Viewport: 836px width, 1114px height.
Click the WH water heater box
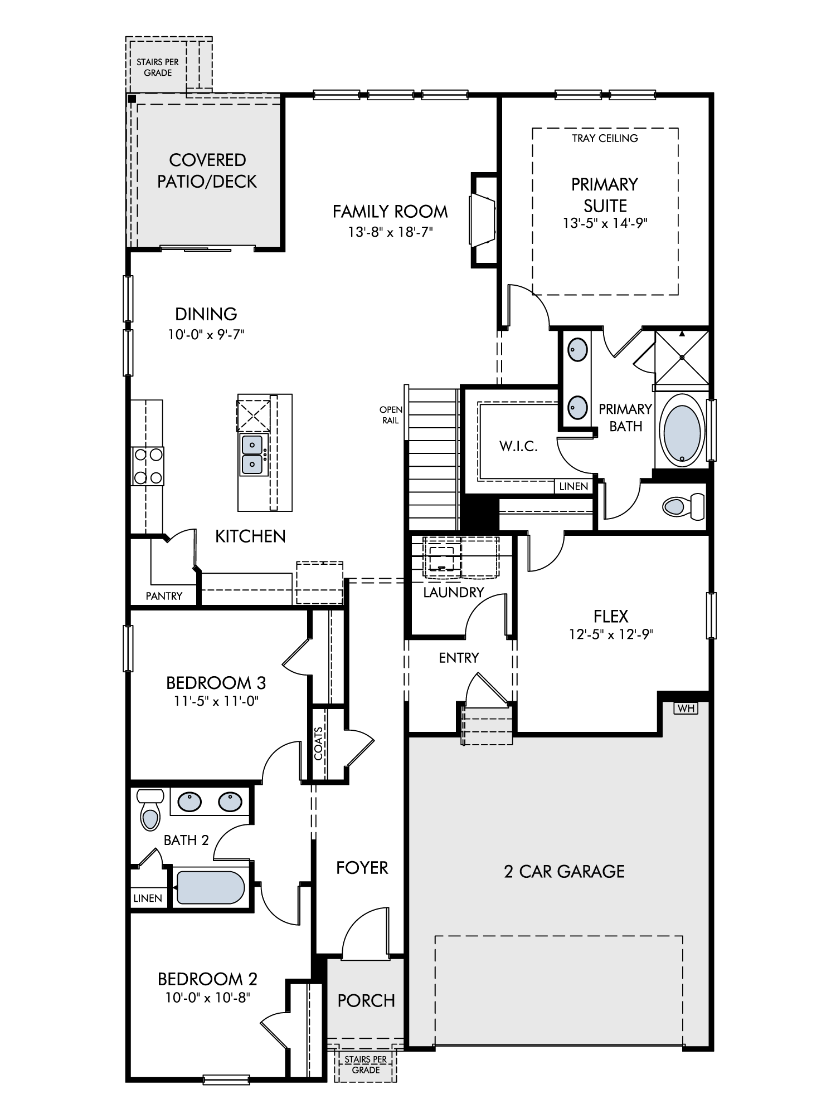coord(686,709)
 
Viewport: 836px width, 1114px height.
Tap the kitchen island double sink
coord(253,455)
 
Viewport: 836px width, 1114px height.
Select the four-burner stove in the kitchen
coord(148,466)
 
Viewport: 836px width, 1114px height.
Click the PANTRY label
coord(164,596)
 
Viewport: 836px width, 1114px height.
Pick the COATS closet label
coord(318,744)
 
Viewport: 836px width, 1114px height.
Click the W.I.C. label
coord(518,446)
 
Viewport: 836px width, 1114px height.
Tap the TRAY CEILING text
coord(605,138)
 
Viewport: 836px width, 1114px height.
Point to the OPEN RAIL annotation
coord(391,415)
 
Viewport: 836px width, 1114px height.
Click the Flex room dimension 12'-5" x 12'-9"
coord(611,634)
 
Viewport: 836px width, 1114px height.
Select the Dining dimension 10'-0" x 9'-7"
coord(206,334)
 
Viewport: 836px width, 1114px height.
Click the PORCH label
coord(366,1001)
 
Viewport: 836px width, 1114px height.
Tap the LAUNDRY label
coord(453,592)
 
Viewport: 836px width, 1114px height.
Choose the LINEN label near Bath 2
coord(148,898)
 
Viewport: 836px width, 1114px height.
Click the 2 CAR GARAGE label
coord(564,872)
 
